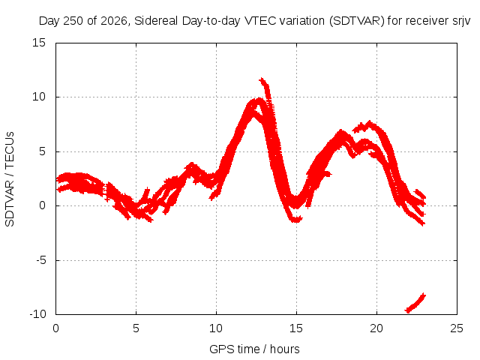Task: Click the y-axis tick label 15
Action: (x=39, y=43)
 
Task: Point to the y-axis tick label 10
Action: (x=39, y=97)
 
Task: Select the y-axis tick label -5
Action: (x=40, y=260)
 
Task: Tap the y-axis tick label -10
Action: (x=37, y=314)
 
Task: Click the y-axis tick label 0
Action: (x=42, y=205)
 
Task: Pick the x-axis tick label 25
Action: (x=457, y=328)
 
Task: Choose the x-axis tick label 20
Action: (x=376, y=328)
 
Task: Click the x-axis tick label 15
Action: (x=296, y=328)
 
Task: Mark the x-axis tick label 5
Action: (x=136, y=328)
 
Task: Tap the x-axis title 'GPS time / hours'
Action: (x=254, y=349)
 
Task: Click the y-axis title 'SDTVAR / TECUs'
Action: (x=10, y=179)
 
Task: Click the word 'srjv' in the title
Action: (x=461, y=21)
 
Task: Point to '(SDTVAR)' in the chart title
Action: (x=357, y=21)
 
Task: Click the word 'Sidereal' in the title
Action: (x=156, y=21)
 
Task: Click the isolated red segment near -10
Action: (x=415, y=304)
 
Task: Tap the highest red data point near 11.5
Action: (x=262, y=80)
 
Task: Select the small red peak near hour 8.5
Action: (x=192, y=165)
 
